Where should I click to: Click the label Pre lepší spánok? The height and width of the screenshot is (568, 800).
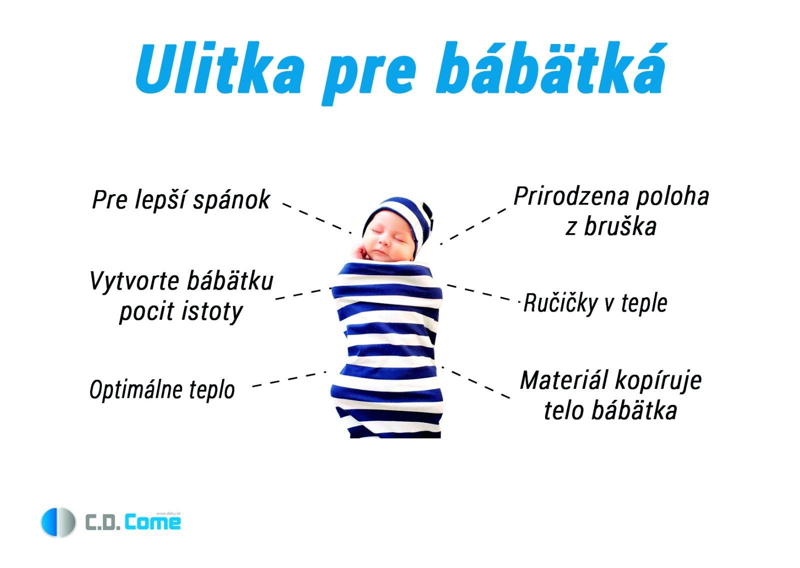pyautogui.click(x=181, y=200)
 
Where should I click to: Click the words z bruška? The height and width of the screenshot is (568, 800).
pyautogui.click(x=610, y=227)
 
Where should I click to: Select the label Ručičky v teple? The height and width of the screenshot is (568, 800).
pyautogui.click(x=595, y=303)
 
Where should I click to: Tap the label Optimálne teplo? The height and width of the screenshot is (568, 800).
pyautogui.click(x=162, y=390)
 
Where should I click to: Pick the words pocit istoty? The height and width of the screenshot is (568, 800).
pyautogui.click(x=181, y=312)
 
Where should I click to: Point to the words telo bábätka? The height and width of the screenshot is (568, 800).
pyautogui.click(x=610, y=410)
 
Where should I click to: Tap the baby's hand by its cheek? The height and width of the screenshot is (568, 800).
pyautogui.click(x=360, y=252)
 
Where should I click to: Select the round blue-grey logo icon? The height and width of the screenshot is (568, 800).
pyautogui.click(x=58, y=522)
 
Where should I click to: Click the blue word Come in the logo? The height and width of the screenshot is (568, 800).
pyautogui.click(x=152, y=522)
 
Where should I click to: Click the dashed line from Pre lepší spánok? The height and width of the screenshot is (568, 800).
pyautogui.click(x=317, y=218)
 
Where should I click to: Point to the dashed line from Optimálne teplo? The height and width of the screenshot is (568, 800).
pyautogui.click(x=289, y=379)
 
